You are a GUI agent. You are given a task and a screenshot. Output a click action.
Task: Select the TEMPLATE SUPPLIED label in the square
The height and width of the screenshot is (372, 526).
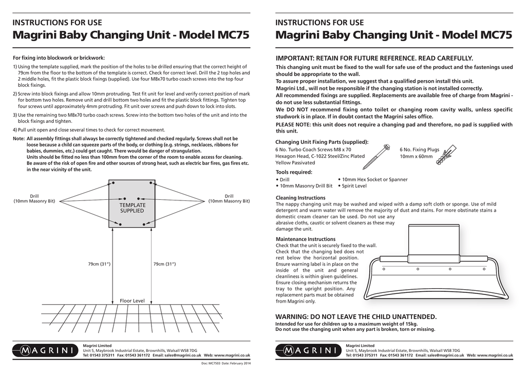(x=132, y=208)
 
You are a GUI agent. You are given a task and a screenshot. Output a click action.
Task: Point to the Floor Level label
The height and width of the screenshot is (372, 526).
(x=132, y=301)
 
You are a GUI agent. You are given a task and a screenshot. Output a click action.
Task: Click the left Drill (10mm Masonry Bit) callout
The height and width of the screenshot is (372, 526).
(x=34, y=198)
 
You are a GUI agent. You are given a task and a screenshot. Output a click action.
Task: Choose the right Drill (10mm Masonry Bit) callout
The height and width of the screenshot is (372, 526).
(x=229, y=198)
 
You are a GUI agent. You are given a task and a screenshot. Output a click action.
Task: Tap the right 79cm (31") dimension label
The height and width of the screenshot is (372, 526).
(x=164, y=264)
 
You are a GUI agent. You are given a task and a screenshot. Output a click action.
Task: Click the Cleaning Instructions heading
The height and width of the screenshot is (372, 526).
(x=300, y=198)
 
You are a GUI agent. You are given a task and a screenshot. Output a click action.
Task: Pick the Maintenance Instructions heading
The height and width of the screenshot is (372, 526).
(x=306, y=239)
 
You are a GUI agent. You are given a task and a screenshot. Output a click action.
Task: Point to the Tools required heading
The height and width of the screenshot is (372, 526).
(x=294, y=172)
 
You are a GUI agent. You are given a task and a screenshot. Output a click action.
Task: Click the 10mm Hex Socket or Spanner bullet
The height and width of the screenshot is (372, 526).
(x=373, y=179)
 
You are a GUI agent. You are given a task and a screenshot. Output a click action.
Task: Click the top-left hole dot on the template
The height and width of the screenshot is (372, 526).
(x=114, y=183)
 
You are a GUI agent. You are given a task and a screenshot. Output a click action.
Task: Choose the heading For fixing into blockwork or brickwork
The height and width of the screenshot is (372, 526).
(x=59, y=58)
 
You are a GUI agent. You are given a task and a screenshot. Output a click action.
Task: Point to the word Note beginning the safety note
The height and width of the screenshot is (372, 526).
(x=18, y=139)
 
